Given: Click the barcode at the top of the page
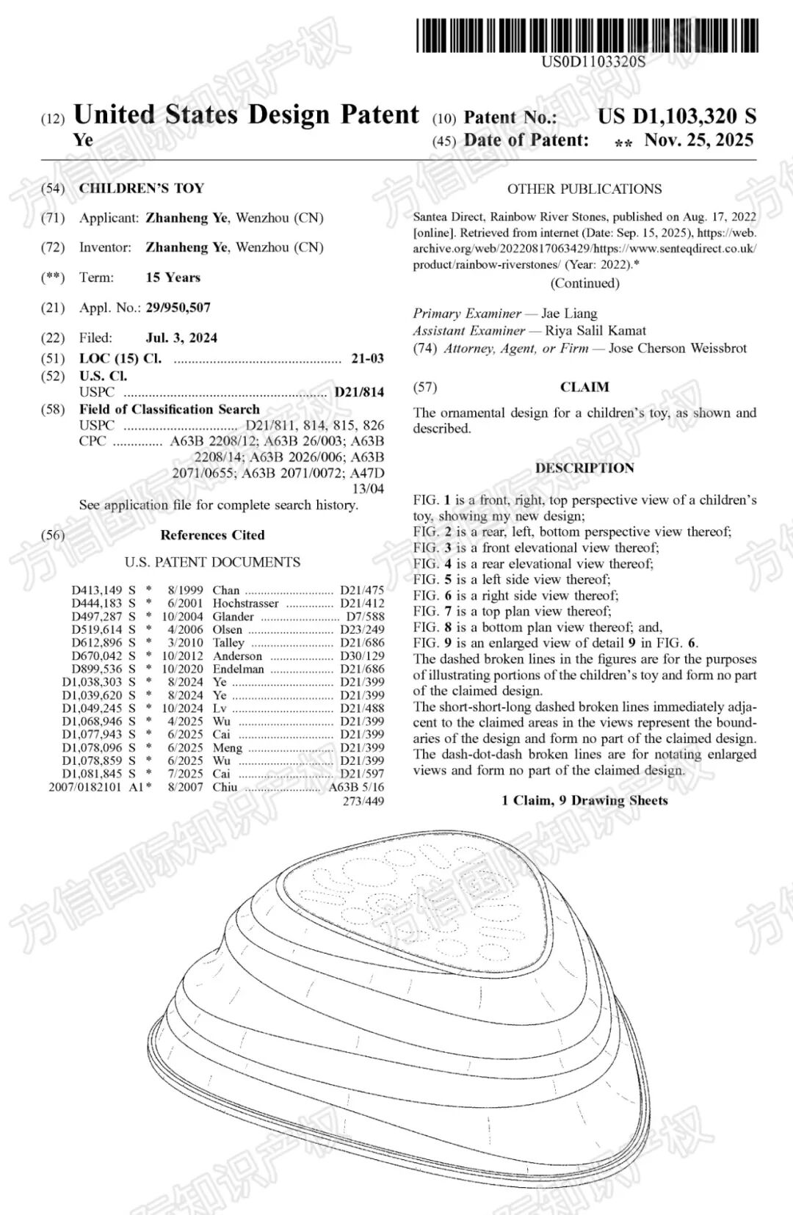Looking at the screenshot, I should (587, 35).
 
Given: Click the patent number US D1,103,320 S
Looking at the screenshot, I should (676, 116).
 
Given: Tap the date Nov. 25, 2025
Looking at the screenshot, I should (698, 140).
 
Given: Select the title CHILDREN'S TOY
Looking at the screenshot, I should (141, 188).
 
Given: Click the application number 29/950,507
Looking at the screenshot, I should (178, 308).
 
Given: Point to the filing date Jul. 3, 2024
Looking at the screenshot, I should (181, 338).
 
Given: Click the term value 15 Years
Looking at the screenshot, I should (173, 278).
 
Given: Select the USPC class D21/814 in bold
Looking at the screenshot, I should (358, 392).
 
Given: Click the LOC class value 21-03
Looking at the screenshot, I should (367, 358).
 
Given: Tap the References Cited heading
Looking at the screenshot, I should (212, 535).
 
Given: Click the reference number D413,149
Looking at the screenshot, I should (97, 590).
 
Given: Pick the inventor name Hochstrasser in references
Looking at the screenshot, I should (245, 603).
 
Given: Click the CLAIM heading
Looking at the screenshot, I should (584, 387).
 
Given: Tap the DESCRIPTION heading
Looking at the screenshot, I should (584, 468).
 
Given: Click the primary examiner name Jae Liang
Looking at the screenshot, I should (569, 313).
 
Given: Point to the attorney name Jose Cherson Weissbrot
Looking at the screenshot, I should (677, 348).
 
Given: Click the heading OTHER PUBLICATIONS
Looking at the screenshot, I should (584, 189).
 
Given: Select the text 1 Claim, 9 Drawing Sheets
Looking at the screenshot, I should (584, 800).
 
